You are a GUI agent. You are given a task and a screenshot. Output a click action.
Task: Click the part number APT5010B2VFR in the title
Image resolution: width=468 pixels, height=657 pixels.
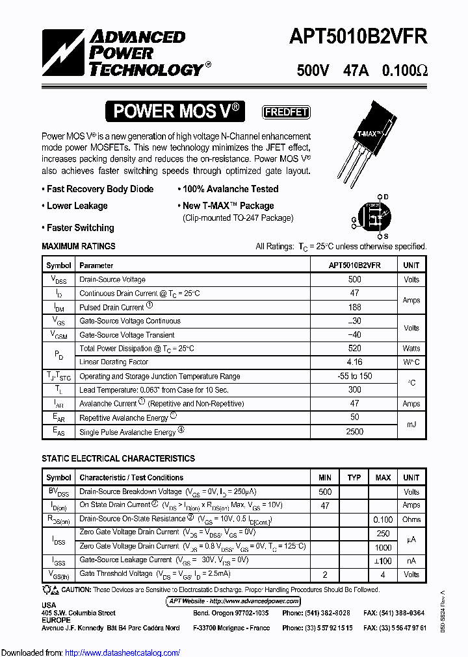click(358, 37)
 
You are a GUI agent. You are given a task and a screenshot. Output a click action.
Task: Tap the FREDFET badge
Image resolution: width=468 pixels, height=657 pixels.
click(285, 112)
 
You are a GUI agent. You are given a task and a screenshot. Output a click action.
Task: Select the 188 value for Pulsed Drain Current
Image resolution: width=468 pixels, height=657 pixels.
click(354, 308)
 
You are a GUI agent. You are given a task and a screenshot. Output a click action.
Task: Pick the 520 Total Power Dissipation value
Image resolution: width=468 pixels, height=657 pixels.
click(354, 349)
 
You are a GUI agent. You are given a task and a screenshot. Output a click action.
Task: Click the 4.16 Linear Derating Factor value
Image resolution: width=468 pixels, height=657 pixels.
click(354, 362)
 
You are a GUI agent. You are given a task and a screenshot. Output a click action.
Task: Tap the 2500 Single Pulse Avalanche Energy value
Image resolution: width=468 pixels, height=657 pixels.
click(354, 432)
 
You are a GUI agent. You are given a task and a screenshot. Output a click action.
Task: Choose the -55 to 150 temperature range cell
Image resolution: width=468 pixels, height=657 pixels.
click(354, 377)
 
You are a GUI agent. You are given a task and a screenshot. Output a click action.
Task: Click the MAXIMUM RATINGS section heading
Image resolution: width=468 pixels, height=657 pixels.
click(79, 247)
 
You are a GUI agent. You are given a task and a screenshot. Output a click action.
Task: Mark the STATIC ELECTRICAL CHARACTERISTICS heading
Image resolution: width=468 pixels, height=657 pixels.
click(118, 459)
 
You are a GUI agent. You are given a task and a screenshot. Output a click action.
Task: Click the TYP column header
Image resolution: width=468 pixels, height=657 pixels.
click(354, 478)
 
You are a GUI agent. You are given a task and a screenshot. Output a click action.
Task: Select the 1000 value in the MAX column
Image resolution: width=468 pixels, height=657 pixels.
click(383, 547)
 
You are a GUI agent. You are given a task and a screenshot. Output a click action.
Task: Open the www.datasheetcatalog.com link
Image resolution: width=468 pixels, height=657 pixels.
click(123, 653)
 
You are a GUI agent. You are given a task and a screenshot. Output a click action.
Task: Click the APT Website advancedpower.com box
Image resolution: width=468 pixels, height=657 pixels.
click(234, 601)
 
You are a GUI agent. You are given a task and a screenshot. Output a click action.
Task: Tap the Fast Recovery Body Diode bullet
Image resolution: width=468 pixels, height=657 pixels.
click(98, 190)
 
